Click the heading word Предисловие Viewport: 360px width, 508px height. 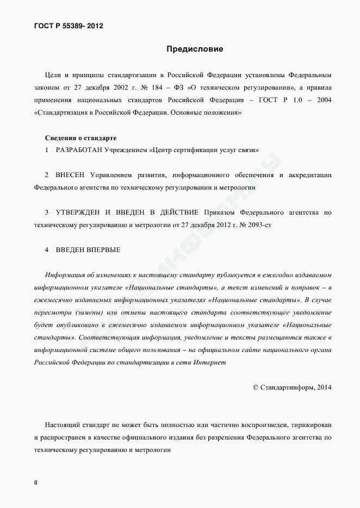point(195,49)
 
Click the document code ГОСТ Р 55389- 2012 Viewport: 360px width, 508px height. point(69,26)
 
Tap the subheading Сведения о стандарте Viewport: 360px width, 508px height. point(80,138)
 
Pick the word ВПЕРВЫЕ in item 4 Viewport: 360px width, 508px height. point(102,249)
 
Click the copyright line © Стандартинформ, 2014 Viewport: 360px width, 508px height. point(292,387)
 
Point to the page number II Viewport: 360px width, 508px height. point(35,482)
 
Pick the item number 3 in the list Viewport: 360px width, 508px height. point(47,212)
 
